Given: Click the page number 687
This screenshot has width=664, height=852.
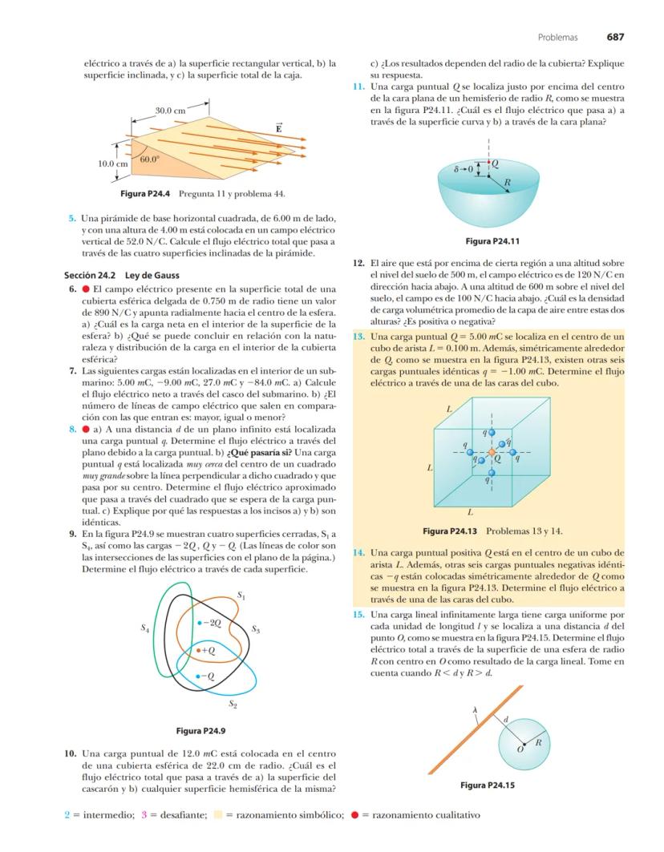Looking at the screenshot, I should tap(615, 37).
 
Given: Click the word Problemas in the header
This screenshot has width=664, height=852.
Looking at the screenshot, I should tap(557, 38).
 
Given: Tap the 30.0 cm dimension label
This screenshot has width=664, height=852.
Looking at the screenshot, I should tap(170, 109).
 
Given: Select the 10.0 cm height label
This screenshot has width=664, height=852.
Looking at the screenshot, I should tap(113, 164).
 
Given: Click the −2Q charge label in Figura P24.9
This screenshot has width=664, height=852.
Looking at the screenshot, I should tap(211, 623).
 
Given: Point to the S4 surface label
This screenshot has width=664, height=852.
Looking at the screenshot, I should tap(144, 630).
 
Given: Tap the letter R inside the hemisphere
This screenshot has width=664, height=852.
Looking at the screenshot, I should tap(507, 183).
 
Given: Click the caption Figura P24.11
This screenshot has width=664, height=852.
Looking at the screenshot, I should tap(492, 241).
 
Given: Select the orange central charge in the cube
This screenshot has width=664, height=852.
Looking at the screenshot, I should tap(492, 453).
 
